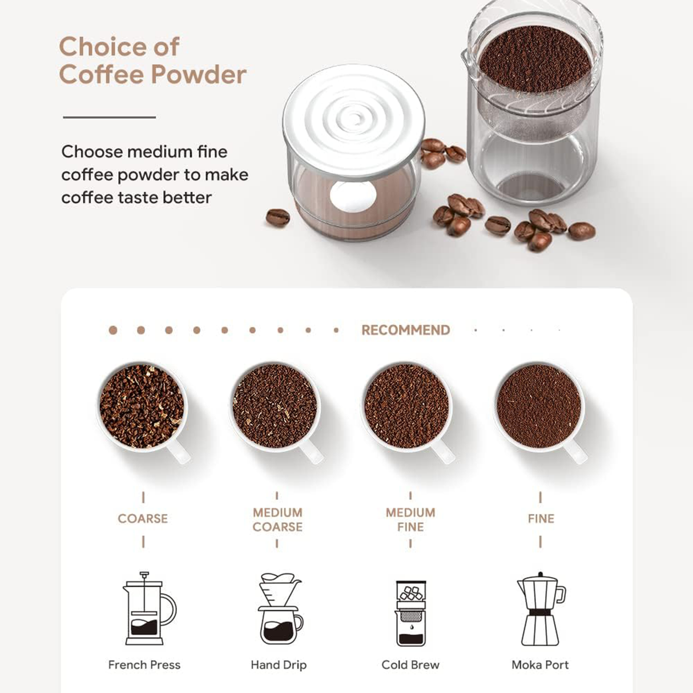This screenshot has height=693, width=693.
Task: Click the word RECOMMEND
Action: click(405, 330)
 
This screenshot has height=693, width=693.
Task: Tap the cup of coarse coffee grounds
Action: click(142, 406)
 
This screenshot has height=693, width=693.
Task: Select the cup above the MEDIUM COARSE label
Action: click(275, 406)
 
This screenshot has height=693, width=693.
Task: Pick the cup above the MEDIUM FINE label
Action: click(407, 406)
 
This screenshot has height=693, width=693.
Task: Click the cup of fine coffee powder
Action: click(539, 406)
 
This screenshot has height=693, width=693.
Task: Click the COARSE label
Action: click(143, 518)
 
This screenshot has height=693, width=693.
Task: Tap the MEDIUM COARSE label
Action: click(277, 519)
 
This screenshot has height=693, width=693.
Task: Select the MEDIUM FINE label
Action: click(410, 519)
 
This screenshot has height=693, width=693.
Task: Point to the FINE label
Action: click(541, 518)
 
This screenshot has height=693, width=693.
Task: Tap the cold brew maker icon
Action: click(411, 613)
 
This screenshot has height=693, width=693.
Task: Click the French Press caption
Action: click(144, 664)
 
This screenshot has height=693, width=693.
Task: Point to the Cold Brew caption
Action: click(410, 664)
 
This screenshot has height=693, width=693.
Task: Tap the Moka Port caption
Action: click(540, 664)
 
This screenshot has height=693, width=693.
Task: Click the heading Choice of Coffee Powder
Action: click(152, 61)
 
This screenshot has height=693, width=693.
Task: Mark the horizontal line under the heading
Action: click(109, 117)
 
